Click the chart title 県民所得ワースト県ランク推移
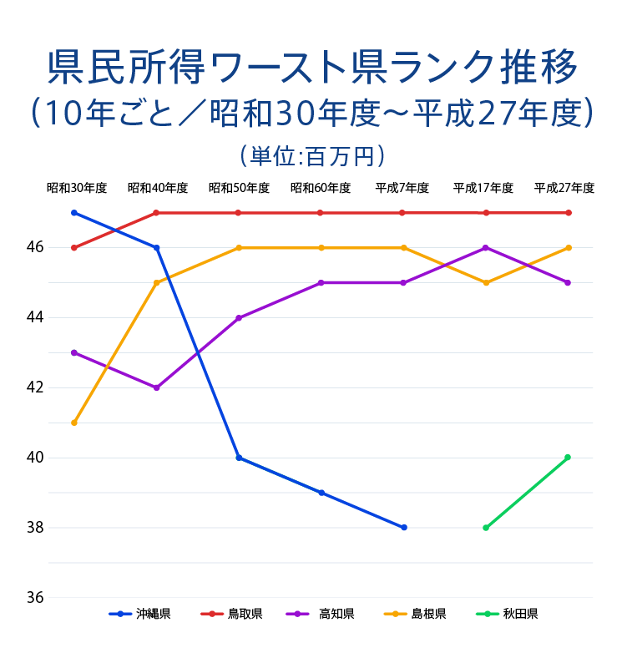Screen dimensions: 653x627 (313, 67)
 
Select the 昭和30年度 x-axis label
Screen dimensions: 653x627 (77, 189)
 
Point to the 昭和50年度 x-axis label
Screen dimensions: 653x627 (239, 189)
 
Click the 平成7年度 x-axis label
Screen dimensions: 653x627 (402, 189)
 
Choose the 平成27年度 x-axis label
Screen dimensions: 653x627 (564, 189)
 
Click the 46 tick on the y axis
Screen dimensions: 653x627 (35, 248)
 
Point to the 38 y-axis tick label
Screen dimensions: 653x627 (35, 528)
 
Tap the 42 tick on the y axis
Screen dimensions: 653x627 (35, 387)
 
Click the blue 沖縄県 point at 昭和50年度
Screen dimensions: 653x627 (239, 458)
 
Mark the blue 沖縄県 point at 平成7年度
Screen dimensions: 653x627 (403, 528)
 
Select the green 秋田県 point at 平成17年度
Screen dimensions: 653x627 (485, 528)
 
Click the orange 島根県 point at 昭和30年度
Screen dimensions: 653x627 (74, 423)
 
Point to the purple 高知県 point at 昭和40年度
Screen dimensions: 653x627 (156, 387)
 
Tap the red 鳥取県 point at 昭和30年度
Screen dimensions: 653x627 (74, 248)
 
